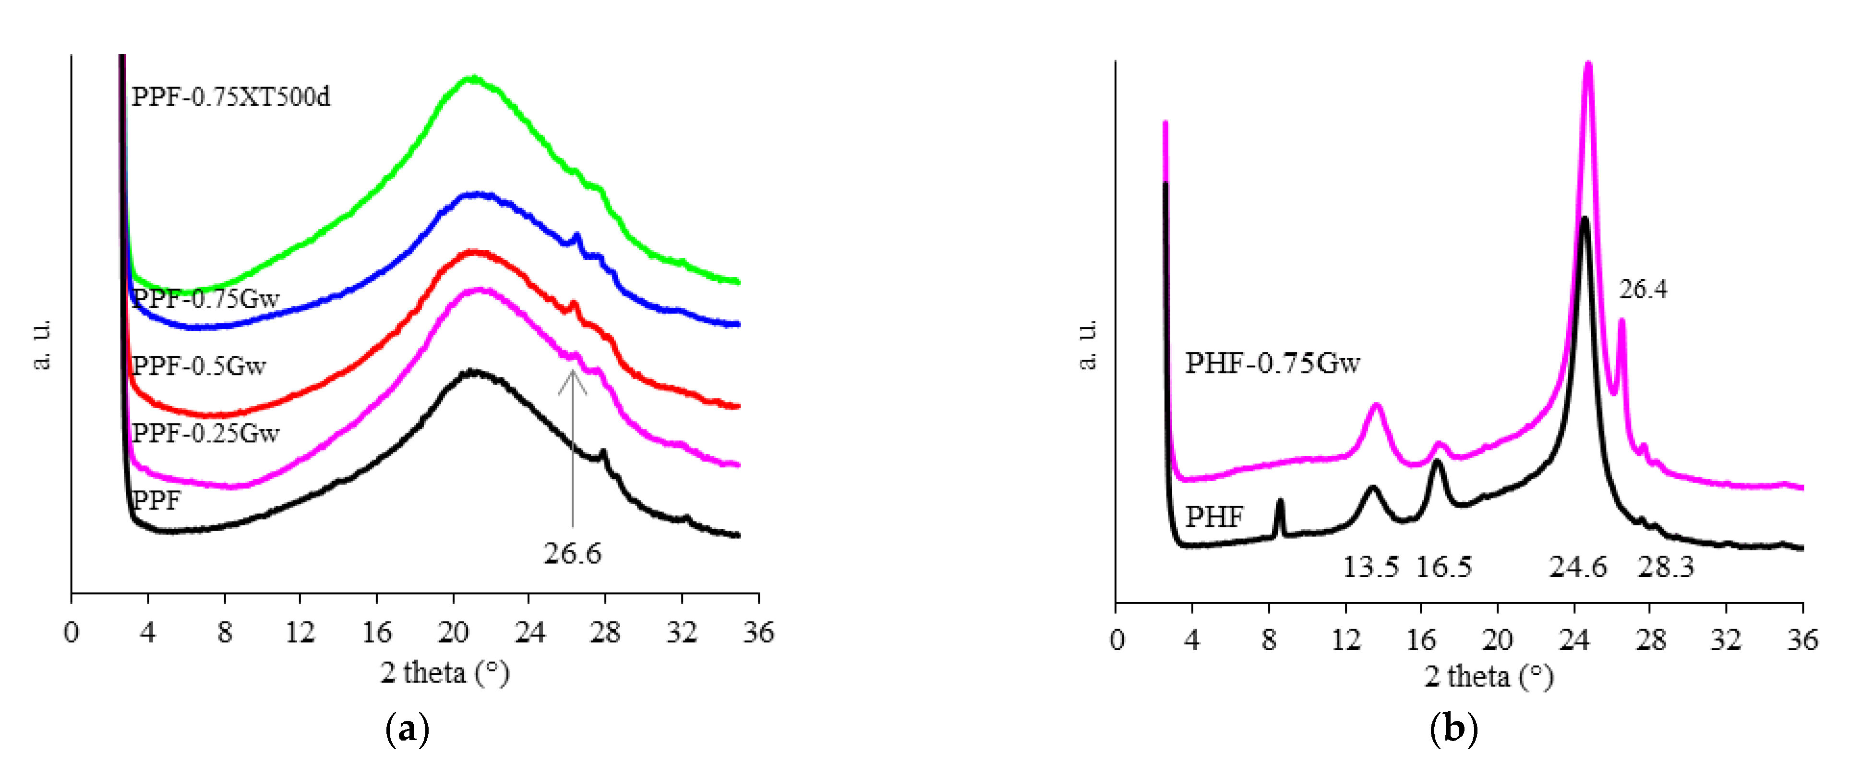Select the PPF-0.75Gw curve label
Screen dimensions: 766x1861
[206, 298]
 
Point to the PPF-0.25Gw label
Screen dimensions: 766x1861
[206, 433]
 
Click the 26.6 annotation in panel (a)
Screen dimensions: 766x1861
[572, 554]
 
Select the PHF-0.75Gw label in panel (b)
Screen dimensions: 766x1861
[1272, 363]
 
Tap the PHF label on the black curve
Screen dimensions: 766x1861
[1214, 517]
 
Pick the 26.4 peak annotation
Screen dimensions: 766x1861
[1643, 290]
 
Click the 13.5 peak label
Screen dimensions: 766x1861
[1370, 567]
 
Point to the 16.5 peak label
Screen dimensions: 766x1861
[1443, 567]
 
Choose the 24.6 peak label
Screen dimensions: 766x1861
[1578, 567]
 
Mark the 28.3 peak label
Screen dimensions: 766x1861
[1665, 567]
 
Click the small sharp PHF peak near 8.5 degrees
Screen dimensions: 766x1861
[1280, 502]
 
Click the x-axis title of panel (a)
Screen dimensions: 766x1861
[445, 673]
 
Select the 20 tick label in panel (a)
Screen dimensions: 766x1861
[453, 633]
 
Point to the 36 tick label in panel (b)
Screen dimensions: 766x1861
[1802, 640]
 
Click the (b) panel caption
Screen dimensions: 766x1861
[1453, 730]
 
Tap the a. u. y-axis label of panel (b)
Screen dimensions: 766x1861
[1087, 345]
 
